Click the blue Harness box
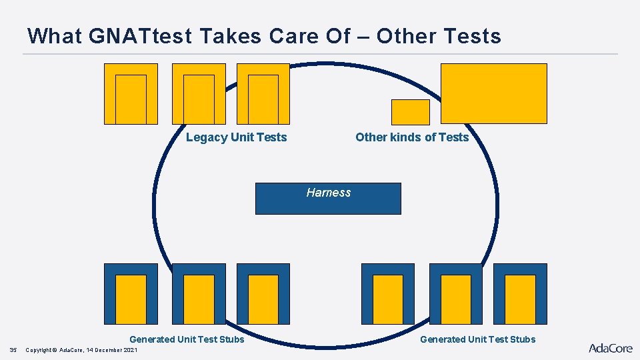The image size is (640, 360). [x=328, y=199]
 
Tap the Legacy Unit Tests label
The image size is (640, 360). [x=236, y=137]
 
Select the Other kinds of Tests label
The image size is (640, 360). [x=412, y=137]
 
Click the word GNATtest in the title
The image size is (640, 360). [x=131, y=36]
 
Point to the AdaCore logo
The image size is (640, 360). [x=610, y=347]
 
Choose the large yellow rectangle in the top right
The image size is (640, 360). [x=493, y=93]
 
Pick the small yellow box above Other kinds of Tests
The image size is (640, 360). [x=410, y=112]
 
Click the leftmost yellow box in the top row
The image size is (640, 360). [x=131, y=94]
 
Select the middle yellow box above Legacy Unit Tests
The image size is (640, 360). [x=199, y=94]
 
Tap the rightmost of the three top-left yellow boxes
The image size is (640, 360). [x=263, y=94]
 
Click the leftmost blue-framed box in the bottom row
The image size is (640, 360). [x=131, y=294]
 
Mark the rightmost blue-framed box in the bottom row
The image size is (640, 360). [x=520, y=294]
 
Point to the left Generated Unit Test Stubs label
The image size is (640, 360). [x=187, y=339]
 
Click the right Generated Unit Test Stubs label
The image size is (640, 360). [x=477, y=339]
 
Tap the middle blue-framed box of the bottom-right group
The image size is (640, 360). [x=455, y=294]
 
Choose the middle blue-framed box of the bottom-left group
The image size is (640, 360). [x=199, y=294]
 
